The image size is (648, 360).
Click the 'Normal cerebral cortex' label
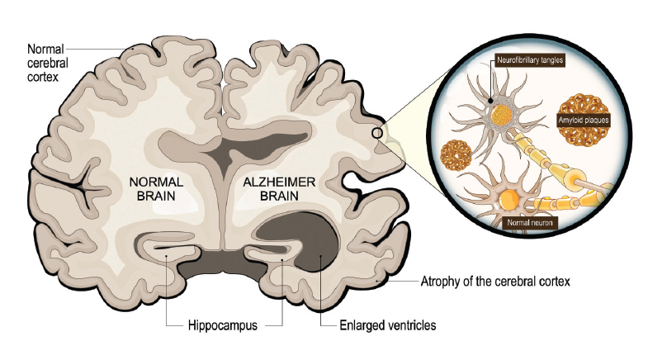coord(48,63)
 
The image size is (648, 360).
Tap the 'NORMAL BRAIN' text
coord(156,188)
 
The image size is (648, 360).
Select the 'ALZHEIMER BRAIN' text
coord(279,188)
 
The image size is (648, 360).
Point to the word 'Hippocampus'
coord(222,325)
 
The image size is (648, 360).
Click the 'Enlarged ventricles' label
coord(388,325)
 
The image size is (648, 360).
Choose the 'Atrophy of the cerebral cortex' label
coord(495,282)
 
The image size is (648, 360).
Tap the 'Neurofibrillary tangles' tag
coord(530,60)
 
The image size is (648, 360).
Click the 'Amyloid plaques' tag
coord(584,121)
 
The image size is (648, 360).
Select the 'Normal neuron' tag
coord(530,223)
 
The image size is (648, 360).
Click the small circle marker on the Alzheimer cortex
coord(377,133)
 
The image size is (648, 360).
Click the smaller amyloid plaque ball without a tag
coord(456,155)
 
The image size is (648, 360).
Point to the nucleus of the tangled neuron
coord(502,115)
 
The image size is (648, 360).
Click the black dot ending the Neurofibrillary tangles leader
coord(490,100)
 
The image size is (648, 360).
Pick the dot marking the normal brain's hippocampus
coord(166,256)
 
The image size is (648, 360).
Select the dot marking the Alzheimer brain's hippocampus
coord(282,259)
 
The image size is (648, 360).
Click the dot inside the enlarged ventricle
coord(320,257)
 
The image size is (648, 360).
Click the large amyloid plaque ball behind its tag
coord(584,121)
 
